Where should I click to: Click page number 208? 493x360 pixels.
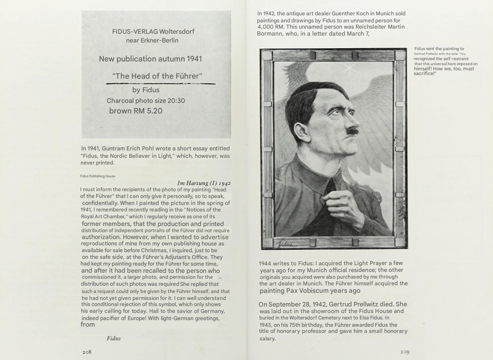pyautogui.click(x=87, y=352)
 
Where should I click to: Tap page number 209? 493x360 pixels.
pyautogui.click(x=405, y=352)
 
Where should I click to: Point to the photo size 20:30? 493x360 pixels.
pyautogui.click(x=176, y=101)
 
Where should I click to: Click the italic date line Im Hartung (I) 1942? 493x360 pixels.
pyautogui.click(x=203, y=183)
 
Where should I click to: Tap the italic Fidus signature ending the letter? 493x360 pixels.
pyautogui.click(x=114, y=338)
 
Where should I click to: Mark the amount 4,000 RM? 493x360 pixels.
pyautogui.click(x=271, y=27)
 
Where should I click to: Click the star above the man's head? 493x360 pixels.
pyautogui.click(x=347, y=68)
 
